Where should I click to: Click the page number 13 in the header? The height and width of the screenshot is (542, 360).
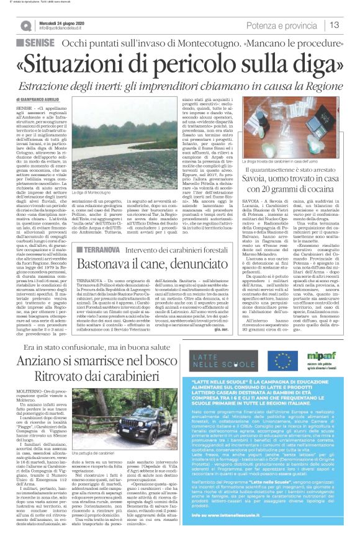[334, 25]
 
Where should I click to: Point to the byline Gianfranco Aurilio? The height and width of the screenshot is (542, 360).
[60, 100]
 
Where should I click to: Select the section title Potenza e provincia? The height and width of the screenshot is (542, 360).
[279, 25]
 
